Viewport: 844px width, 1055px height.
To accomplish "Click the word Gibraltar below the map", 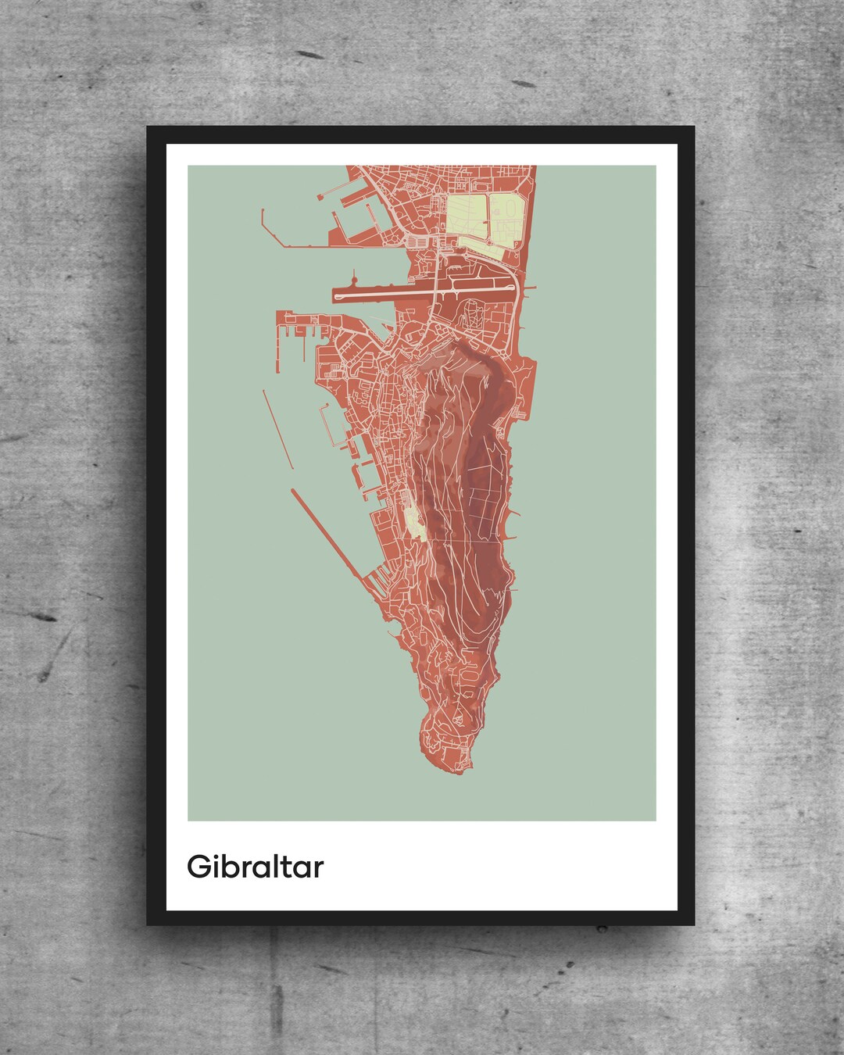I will click(255, 867).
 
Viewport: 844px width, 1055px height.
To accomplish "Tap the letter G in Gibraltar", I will click(198, 867).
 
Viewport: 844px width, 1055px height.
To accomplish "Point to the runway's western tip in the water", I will click(336, 295).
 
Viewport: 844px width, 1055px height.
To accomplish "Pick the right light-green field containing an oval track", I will click(507, 220).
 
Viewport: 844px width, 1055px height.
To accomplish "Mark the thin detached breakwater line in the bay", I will click(278, 429).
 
